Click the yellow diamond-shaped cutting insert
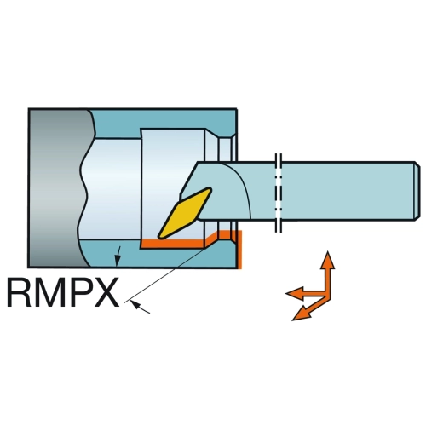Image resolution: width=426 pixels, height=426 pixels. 185,212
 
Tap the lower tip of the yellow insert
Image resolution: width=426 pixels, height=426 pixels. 159,236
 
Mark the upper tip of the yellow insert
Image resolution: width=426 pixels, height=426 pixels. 210,189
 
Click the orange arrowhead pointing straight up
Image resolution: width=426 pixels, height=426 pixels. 328,260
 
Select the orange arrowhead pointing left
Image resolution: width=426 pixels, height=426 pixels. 294,293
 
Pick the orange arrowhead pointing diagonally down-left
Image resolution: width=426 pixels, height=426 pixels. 300,314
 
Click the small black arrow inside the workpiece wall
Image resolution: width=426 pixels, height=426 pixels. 118,256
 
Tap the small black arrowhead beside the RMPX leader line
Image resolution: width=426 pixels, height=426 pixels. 137,306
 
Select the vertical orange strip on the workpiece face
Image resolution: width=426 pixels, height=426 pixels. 239,249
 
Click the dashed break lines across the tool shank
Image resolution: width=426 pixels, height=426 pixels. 279,193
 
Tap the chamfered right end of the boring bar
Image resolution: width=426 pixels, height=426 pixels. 416,191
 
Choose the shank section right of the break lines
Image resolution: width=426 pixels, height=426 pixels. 348,191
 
